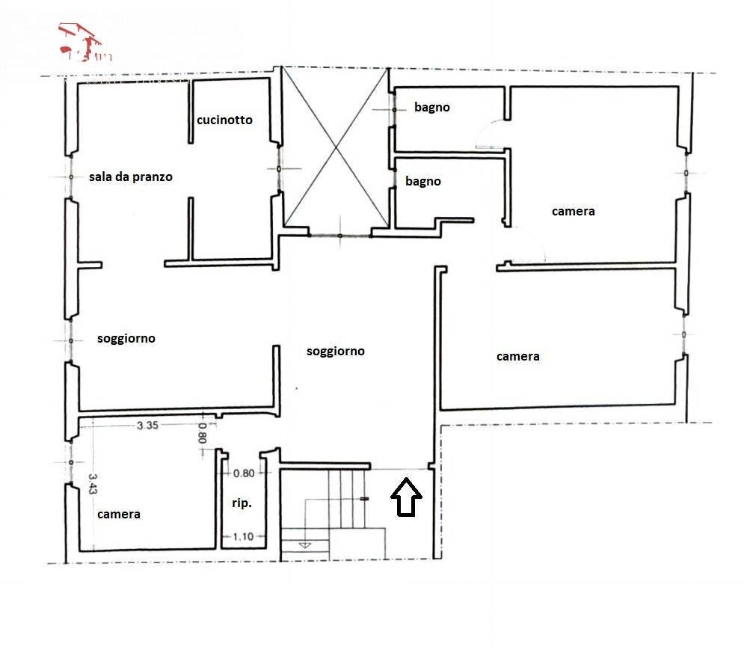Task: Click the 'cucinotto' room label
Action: pyautogui.click(x=224, y=120)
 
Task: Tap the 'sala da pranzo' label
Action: pyautogui.click(x=130, y=177)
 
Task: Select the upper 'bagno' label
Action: pyautogui.click(x=432, y=107)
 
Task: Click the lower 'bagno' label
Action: pyautogui.click(x=423, y=181)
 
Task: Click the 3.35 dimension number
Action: pyautogui.click(x=147, y=426)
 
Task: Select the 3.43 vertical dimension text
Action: pyautogui.click(x=93, y=483)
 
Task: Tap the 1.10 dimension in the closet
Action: pyautogui.click(x=244, y=536)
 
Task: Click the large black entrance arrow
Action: pyautogui.click(x=407, y=498)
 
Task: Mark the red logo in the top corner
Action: pyautogui.click(x=84, y=42)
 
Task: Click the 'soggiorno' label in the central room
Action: pyautogui.click(x=336, y=351)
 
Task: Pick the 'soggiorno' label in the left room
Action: pyautogui.click(x=126, y=339)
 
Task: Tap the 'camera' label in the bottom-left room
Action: pyautogui.click(x=118, y=515)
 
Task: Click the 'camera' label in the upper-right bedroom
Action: pyautogui.click(x=574, y=212)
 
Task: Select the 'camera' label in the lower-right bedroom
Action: pyautogui.click(x=518, y=357)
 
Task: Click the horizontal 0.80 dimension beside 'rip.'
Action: pyautogui.click(x=244, y=473)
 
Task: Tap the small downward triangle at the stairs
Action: pyautogui.click(x=304, y=546)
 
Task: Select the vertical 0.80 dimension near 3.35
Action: pyautogui.click(x=201, y=434)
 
